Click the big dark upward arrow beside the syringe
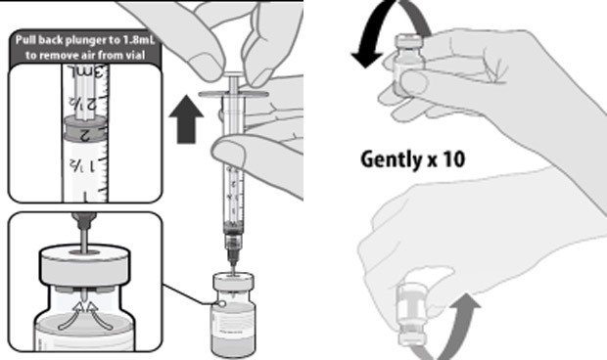coord(186,119)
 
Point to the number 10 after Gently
coord(454,158)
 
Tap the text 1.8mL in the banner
coord(141,40)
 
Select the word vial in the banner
coord(135,55)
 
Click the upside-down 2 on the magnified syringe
coord(85,135)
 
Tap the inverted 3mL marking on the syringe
coord(86,70)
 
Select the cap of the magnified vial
coord(85,265)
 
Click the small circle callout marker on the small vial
coord(222,304)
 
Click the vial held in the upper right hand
coord(408,64)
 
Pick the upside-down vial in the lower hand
coord(413,314)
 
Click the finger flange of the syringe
coord(234,94)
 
